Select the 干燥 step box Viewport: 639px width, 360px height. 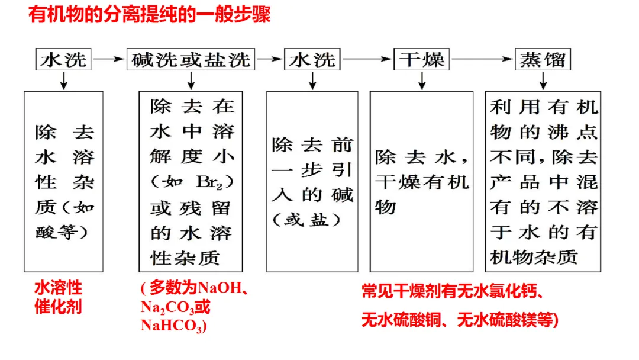pos(422,60)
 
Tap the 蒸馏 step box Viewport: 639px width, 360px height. pos(543,60)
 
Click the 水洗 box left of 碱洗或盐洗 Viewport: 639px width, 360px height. pos(63,60)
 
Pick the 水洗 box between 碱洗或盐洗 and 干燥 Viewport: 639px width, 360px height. pos(312,60)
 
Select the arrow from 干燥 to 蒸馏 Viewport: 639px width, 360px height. pos(482,59)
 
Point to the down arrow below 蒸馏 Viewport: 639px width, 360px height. pos(543,79)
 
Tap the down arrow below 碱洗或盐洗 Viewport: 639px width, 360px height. pos(191,79)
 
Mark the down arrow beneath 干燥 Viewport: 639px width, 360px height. pos(422,79)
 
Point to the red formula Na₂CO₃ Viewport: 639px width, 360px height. pos(168,307)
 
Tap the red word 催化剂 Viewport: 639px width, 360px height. pos(58,307)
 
